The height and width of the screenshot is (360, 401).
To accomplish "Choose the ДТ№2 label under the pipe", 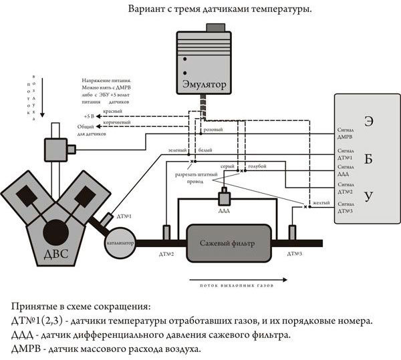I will (x=166, y=255).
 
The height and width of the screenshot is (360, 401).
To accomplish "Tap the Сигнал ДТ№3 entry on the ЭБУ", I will (x=346, y=207).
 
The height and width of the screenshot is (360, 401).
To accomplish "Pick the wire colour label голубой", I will (x=257, y=165).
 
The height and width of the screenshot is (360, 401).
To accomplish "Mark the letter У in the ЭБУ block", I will (x=368, y=195).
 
